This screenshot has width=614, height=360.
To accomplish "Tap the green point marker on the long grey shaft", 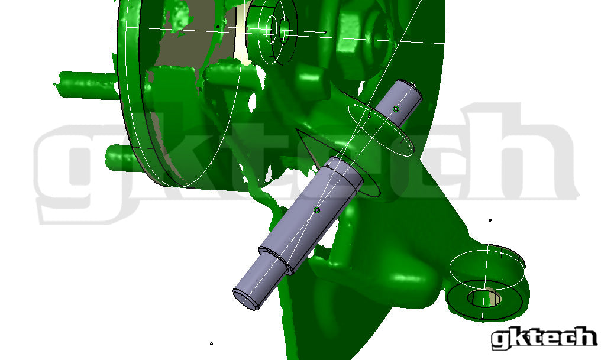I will click(x=317, y=210).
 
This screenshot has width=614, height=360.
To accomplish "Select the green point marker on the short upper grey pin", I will click(x=396, y=109).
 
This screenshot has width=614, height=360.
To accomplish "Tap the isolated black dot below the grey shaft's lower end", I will click(x=211, y=343).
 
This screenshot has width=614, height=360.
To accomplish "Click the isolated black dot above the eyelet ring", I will click(x=490, y=220).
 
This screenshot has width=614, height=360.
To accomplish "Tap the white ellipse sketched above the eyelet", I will click(x=487, y=268).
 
